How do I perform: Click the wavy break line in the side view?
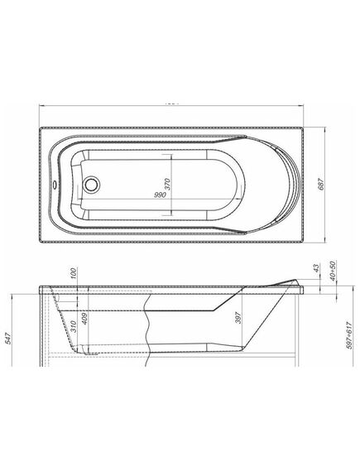coord(146,328)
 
